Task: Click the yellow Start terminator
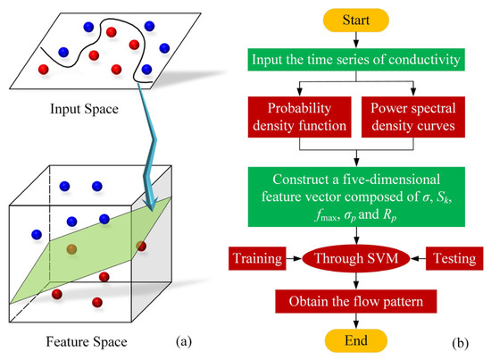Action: pos(357,18)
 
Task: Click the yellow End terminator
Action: pos(355,343)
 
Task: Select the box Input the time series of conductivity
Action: pos(357,61)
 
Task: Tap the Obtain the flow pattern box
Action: pos(356,303)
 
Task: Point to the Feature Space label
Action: pos(79,340)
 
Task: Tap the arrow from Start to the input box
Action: pos(357,39)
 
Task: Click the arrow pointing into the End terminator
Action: pos(356,323)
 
